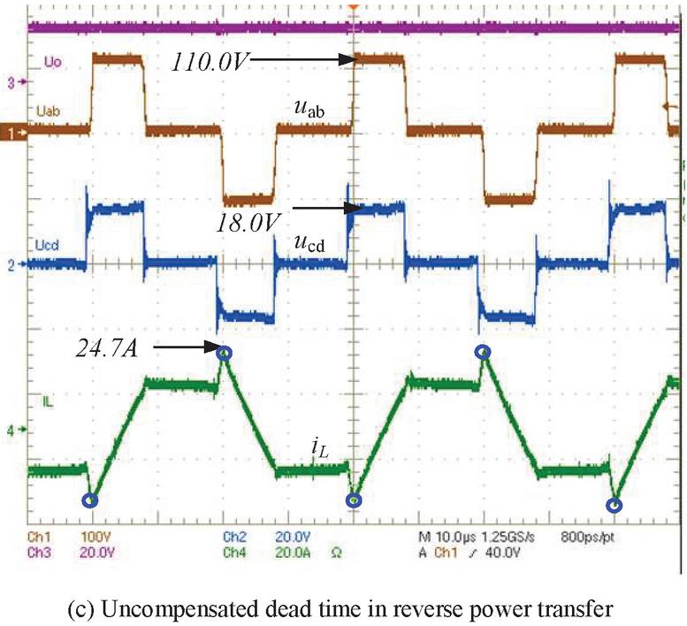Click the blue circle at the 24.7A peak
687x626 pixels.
point(225,354)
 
